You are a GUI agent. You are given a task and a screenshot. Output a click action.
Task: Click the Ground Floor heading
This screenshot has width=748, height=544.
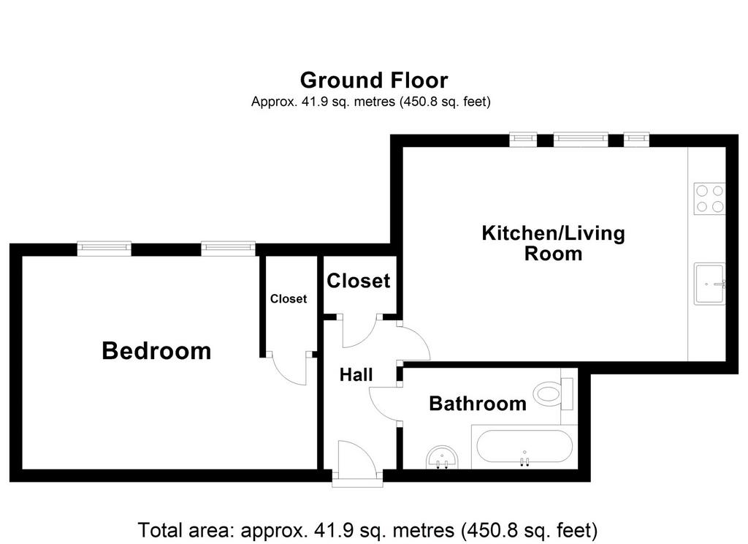tap(374, 80)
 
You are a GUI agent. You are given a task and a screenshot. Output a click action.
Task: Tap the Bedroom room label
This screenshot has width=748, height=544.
tap(156, 350)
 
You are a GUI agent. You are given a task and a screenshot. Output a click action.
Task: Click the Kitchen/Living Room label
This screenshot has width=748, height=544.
tap(554, 243)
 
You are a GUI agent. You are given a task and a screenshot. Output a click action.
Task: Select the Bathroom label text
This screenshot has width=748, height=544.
tap(478, 404)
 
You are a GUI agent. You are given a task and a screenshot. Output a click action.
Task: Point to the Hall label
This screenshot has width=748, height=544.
tap(356, 375)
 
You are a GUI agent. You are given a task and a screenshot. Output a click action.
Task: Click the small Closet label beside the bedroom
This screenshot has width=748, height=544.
tap(288, 299)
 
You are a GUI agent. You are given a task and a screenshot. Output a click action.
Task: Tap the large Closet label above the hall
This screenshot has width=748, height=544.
tap(359, 281)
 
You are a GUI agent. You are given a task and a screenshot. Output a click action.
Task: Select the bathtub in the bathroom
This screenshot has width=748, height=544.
tap(524, 447)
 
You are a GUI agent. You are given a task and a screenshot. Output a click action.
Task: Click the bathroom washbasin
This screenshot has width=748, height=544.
tap(443, 458)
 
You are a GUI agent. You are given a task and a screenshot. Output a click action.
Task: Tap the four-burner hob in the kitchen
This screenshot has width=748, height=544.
tap(709, 199)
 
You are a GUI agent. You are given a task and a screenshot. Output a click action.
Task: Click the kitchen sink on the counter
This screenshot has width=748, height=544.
tap(710, 284)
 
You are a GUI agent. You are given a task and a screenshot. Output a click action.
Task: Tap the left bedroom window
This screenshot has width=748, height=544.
tap(104, 247)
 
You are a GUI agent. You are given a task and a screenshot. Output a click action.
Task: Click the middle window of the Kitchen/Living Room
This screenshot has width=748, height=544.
tap(581, 139)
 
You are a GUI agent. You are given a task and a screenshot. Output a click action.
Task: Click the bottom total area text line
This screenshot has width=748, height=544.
tap(367, 530)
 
